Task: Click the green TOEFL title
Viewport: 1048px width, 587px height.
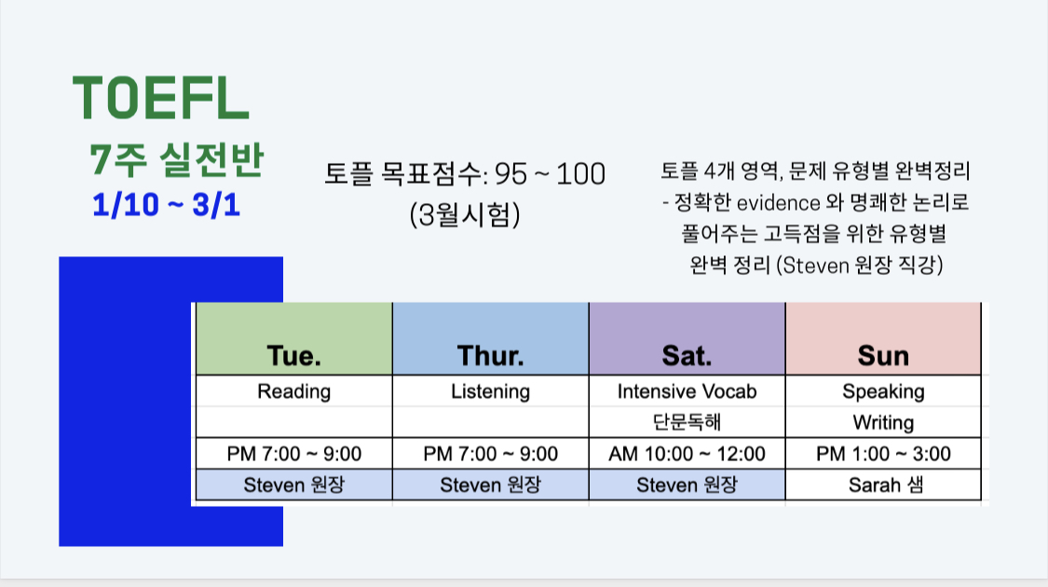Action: click(160, 98)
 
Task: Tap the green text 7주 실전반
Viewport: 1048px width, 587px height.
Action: click(176, 159)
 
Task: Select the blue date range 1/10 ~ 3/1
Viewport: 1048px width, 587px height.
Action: click(166, 205)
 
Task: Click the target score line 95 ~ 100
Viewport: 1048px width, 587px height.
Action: click(465, 174)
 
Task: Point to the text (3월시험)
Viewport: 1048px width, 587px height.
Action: click(465, 214)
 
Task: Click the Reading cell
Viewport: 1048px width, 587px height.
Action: click(294, 391)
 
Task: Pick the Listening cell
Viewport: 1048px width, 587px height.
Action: click(491, 391)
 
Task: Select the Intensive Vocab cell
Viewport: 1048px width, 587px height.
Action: click(687, 391)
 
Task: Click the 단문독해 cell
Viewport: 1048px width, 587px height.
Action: click(687, 422)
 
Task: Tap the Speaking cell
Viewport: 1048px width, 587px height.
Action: click(884, 391)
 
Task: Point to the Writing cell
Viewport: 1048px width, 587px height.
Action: click(884, 422)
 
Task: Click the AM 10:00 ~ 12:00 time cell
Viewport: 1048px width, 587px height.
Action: click(687, 454)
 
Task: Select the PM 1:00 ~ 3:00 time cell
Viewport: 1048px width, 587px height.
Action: click(884, 454)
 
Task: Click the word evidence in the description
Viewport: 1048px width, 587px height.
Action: click(779, 202)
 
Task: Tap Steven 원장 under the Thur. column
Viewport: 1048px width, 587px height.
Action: click(491, 485)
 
